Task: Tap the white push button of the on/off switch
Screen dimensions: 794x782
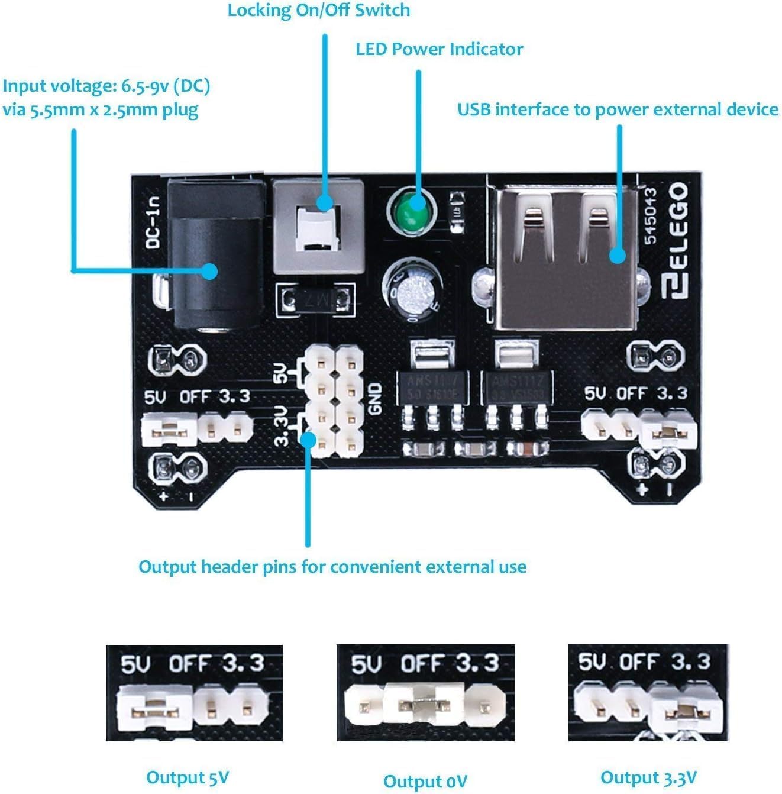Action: pyautogui.click(x=317, y=228)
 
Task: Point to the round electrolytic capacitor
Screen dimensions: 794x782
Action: pyautogui.click(x=413, y=290)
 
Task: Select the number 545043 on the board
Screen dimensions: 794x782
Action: pyautogui.click(x=650, y=216)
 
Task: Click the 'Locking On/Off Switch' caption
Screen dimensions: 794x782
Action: pyautogui.click(x=318, y=11)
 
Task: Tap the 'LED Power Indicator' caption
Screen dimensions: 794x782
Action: pyautogui.click(x=439, y=49)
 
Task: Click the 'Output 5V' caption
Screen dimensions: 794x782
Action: pyautogui.click(x=188, y=777)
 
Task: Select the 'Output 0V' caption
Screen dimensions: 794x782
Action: pyautogui.click(x=425, y=781)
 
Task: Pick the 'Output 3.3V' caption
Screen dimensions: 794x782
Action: pyautogui.click(x=648, y=777)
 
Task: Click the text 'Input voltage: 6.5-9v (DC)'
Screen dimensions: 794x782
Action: pyautogui.click(x=106, y=86)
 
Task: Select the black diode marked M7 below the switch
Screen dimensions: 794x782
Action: pyautogui.click(x=314, y=298)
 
